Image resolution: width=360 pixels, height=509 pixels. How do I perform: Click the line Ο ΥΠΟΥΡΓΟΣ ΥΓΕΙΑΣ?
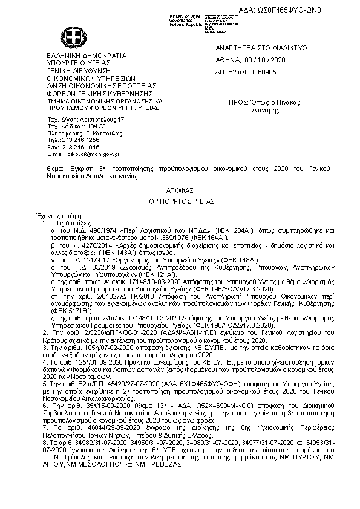point(180,200)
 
